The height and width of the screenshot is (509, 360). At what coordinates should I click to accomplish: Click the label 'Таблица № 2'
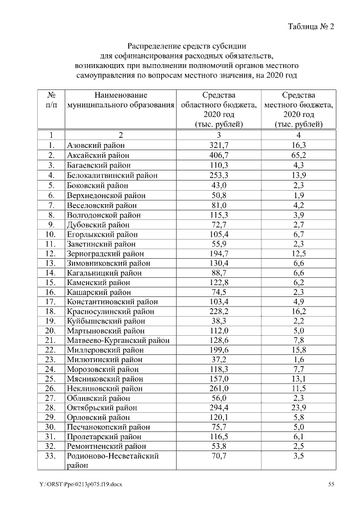pos(310,26)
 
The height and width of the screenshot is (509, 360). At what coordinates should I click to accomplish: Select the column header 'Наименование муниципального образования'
pos(120,100)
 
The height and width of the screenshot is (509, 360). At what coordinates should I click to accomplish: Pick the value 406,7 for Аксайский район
pos(219,155)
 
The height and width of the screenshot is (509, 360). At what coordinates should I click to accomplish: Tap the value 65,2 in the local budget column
pos(299,155)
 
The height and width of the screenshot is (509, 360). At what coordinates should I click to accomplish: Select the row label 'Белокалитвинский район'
pos(112,175)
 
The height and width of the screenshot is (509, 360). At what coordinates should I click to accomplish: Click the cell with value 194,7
pos(219,253)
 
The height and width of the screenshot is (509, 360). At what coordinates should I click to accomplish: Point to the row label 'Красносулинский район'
pos(110,311)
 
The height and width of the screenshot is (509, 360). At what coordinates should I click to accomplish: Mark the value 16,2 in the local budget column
pos(299,311)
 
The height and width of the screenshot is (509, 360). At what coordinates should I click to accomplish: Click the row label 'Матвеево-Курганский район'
pos(118,340)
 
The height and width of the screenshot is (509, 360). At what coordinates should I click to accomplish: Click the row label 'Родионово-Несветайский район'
pos(112,461)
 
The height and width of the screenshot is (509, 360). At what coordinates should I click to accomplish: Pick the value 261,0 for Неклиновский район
pos(219,388)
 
